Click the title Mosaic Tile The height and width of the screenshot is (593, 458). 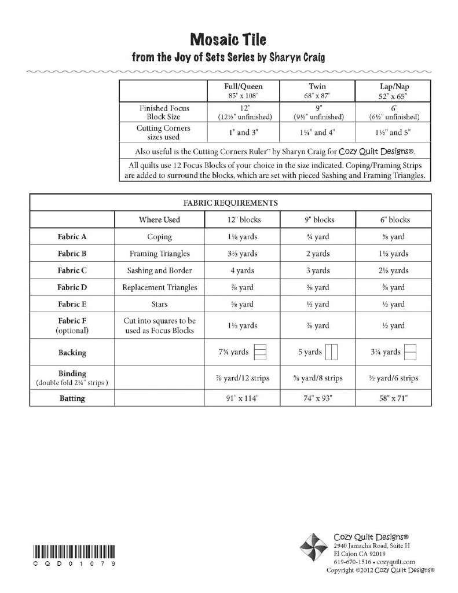point(228,39)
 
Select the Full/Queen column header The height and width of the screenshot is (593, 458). point(243,86)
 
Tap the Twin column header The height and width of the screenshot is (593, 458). point(317,86)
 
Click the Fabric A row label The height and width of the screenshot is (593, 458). point(72,237)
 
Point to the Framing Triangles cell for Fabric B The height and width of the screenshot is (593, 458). point(159,254)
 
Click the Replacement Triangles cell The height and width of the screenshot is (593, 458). point(159,287)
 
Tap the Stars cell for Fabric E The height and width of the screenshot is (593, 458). point(159,304)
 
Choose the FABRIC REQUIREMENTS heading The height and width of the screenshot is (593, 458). point(230,203)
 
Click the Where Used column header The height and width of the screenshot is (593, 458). point(159,220)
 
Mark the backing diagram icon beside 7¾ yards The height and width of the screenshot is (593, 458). point(261,352)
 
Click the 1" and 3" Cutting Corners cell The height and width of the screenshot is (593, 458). point(243,133)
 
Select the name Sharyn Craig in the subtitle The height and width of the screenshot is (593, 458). point(296,57)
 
